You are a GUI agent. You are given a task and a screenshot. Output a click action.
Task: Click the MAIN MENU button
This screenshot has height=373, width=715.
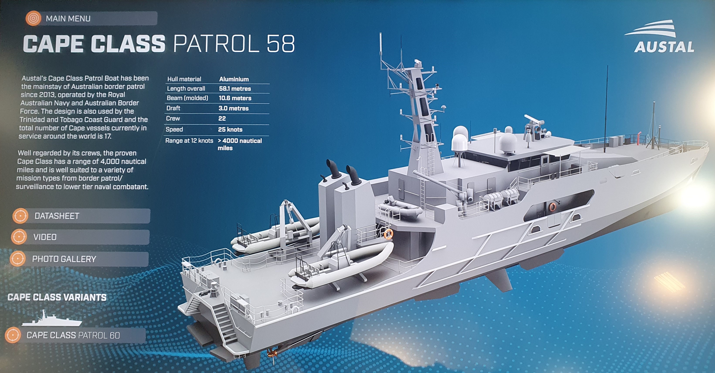click(92, 18)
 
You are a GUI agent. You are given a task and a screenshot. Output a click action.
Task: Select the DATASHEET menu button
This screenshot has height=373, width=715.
click(81, 216)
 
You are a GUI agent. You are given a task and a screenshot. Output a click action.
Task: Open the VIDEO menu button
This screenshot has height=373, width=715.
click(80, 237)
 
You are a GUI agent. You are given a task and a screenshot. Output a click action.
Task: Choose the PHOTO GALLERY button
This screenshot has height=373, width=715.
click(79, 259)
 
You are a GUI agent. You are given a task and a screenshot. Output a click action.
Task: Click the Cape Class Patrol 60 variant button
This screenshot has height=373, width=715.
click(75, 335)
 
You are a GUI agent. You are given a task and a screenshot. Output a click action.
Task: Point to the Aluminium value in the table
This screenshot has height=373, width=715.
click(234, 79)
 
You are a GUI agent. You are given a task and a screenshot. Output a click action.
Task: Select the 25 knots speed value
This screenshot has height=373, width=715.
click(230, 129)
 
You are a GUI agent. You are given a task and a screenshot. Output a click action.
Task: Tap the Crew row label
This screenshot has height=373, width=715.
click(173, 119)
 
